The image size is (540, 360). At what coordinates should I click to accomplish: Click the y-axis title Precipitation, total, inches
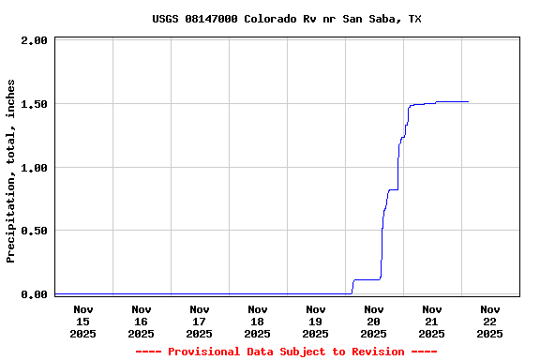[x=11, y=171]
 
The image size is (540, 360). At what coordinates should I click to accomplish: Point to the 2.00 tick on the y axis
[x=34, y=40]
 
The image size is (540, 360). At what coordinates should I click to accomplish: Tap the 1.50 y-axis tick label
[x=34, y=104]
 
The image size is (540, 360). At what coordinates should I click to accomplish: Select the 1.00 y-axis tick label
[x=34, y=168]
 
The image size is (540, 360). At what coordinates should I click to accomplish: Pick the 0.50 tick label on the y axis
[x=34, y=231]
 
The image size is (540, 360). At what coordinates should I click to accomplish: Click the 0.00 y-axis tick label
[x=34, y=294]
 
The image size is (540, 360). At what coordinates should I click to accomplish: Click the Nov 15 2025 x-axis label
[x=83, y=321]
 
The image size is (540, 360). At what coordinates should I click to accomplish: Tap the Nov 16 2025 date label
[x=142, y=321]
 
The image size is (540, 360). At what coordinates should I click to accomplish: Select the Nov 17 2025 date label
[x=200, y=321]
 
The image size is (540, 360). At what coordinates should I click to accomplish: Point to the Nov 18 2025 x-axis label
[x=258, y=321]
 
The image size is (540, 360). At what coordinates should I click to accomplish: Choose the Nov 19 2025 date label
[x=316, y=321]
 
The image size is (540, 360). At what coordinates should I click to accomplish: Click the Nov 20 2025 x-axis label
[x=374, y=321]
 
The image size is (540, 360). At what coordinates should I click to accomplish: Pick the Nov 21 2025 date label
[x=432, y=321]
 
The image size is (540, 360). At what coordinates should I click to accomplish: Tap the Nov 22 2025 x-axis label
[x=490, y=321]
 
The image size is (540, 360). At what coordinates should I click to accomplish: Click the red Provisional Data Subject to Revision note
[x=286, y=352]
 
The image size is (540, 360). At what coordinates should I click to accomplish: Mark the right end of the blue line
[x=468, y=101]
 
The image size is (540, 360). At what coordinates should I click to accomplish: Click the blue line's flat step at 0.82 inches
[x=394, y=189]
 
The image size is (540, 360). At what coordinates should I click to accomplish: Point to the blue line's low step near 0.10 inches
[x=366, y=279]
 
